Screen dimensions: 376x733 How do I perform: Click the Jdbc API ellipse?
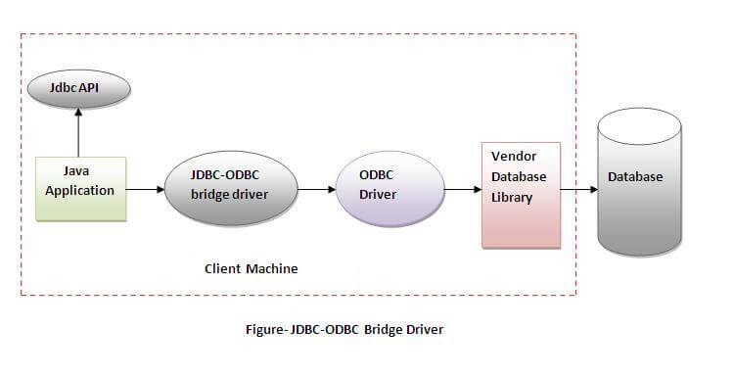coord(78,90)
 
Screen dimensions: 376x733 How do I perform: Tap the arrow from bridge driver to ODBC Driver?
coord(313,188)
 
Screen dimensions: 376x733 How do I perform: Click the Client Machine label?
coord(251,268)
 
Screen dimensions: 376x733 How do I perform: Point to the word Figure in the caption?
coord(265,329)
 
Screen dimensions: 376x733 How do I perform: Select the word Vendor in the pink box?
coord(513,157)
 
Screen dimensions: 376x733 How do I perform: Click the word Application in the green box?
coord(80,190)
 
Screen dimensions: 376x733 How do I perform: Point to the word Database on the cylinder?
coord(635,177)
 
